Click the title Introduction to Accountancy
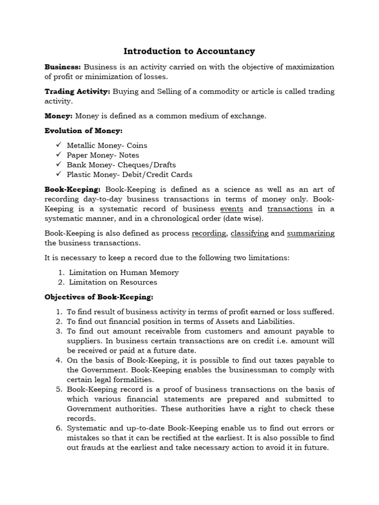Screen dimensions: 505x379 tap(189, 51)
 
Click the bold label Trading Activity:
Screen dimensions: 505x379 tap(77, 91)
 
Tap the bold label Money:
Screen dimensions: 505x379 tap(58, 116)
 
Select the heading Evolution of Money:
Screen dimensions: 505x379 tap(83, 131)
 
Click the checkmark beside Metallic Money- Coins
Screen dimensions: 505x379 tap(58, 145)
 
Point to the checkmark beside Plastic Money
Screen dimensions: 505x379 tap(58, 174)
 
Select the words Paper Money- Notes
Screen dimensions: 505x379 tap(103, 155)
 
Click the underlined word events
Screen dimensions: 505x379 tap(231, 209)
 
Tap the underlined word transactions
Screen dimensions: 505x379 tap(290, 209)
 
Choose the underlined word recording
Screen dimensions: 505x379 tap(209, 233)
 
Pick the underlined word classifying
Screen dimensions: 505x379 tap(249, 233)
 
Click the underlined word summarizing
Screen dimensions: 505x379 tap(310, 233)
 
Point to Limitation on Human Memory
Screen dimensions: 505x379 tap(123, 272)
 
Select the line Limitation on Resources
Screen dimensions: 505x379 tap(113, 282)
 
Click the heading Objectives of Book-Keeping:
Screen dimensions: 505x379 tap(99, 297)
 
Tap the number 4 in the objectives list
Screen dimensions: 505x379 tap(58, 360)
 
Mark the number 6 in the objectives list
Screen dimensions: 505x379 tap(58, 428)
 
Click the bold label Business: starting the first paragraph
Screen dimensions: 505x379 tap(63, 67)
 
